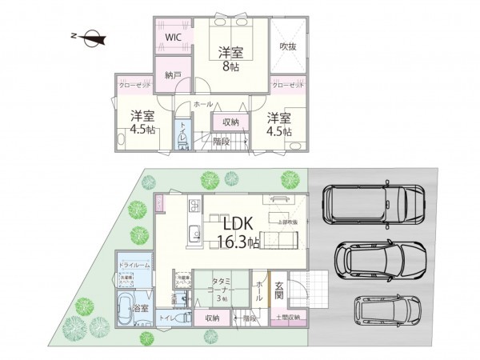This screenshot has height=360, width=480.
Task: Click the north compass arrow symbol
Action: pyautogui.click(x=90, y=35)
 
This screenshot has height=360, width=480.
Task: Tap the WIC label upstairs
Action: pyautogui.click(x=173, y=38)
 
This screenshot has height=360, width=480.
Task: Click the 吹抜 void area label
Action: pyautogui.click(x=287, y=47)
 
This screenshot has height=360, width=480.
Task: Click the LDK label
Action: pyautogui.click(x=238, y=223)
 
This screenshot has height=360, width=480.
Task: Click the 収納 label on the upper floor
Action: pyautogui.click(x=231, y=122)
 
